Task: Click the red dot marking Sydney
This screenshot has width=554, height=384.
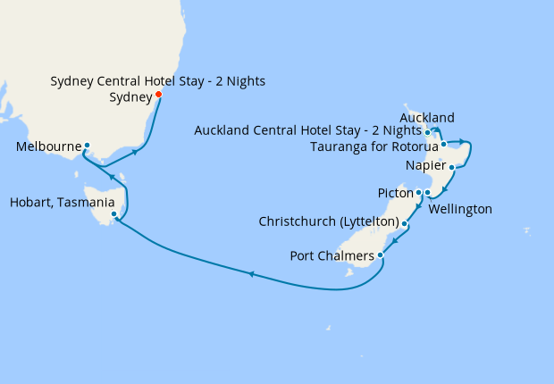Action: [x=158, y=95]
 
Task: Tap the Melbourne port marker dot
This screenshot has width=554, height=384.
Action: [x=88, y=146]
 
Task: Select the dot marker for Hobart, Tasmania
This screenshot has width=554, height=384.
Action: [x=113, y=214]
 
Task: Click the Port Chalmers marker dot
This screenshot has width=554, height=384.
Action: [x=382, y=255]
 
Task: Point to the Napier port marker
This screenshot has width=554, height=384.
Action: [x=452, y=167]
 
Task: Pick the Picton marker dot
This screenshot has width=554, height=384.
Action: [x=418, y=192]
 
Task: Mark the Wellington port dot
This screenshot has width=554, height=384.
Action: [x=427, y=193]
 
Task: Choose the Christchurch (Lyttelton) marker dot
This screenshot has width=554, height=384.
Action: [x=405, y=223]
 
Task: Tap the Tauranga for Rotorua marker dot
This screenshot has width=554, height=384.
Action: [x=443, y=143]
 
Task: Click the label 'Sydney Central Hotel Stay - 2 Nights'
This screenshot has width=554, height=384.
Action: [x=157, y=82]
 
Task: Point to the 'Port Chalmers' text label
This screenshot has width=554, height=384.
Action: [x=333, y=256]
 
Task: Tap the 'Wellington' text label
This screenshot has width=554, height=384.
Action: [x=460, y=209]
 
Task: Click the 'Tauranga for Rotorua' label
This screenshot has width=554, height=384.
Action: [x=376, y=146]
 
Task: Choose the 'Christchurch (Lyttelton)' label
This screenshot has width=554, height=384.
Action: [x=328, y=221]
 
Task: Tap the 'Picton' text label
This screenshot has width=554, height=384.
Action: [x=395, y=193]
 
